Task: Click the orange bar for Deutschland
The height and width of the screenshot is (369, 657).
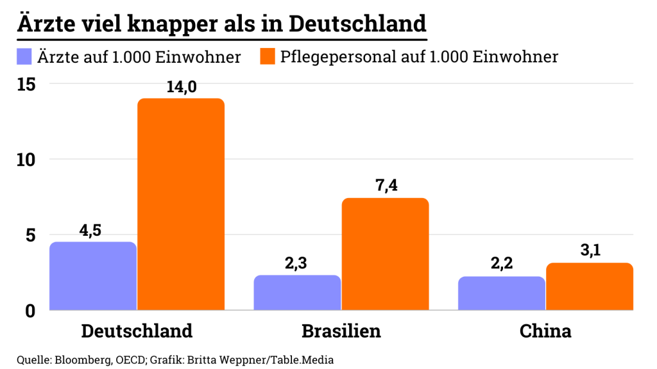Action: click(181, 204)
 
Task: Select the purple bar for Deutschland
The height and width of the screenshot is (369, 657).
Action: click(93, 276)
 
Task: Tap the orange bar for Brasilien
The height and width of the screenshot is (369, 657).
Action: click(385, 254)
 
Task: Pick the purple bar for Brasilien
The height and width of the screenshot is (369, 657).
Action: click(297, 293)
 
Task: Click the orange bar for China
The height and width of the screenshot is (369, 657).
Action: click(589, 286)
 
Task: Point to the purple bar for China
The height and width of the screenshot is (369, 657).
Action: click(501, 293)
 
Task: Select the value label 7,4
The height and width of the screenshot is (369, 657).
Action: click(386, 186)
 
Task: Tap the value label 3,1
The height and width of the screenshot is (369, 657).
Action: click(590, 251)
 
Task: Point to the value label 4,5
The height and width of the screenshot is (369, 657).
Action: click(91, 230)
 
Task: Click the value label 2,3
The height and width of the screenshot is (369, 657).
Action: click(296, 263)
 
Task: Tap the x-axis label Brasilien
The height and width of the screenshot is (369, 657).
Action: click(341, 331)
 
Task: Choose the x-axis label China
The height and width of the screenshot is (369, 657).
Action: click(545, 331)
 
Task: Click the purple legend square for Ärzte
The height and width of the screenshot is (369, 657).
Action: click(24, 57)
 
